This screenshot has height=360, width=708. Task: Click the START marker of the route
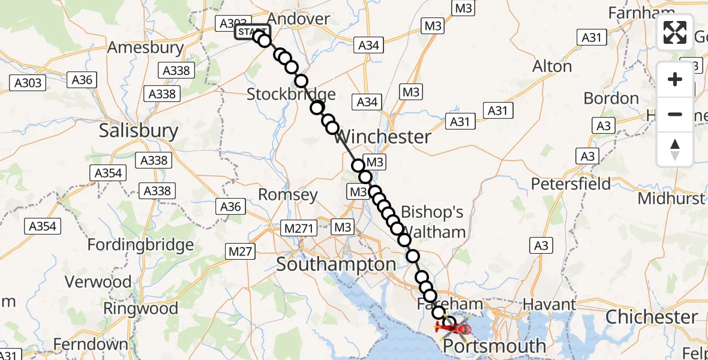[252, 32]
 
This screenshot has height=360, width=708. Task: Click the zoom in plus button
[675, 79]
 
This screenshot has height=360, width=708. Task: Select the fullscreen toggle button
[675, 32]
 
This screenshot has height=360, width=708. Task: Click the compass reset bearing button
[675, 149]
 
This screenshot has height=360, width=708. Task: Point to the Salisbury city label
[139, 131]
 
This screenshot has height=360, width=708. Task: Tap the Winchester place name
[383, 137]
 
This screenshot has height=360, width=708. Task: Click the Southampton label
[336, 265]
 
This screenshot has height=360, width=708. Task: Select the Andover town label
[298, 19]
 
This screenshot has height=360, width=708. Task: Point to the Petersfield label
[571, 184]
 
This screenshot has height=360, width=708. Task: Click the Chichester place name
[652, 317]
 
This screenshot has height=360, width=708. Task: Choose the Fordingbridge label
[140, 245]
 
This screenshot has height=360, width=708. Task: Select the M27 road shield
[241, 251]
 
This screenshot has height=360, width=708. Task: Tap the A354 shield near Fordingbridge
[43, 226]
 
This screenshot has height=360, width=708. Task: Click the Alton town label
[552, 66]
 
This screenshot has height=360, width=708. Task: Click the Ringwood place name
[141, 309]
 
